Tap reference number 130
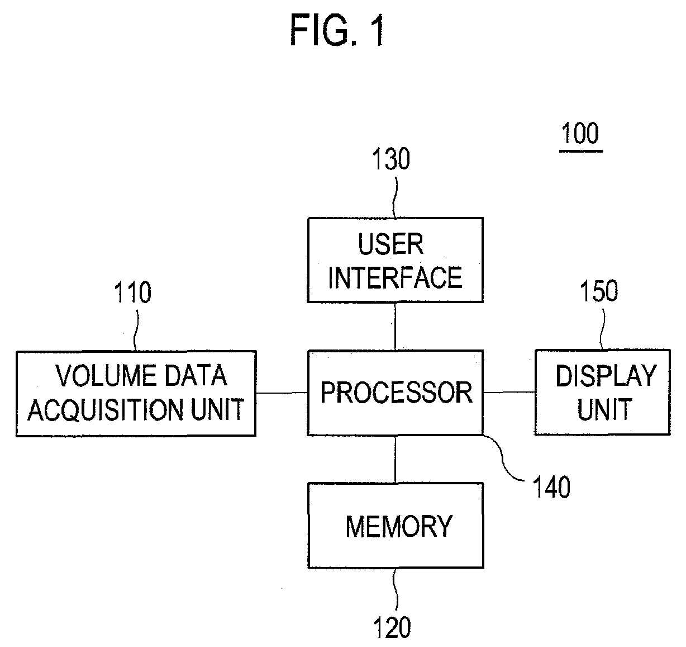click(391, 159)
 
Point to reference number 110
click(132, 292)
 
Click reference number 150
click(599, 291)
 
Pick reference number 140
click(551, 487)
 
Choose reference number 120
click(392, 627)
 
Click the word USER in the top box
click(390, 244)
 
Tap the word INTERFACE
click(395, 278)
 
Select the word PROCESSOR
click(397, 393)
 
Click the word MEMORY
click(399, 526)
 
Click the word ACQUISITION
click(106, 410)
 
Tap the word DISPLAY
click(606, 376)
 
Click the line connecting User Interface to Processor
click(395, 327)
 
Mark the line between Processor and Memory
click(395, 459)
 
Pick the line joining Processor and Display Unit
click(509, 393)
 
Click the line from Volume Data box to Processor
click(282, 393)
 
